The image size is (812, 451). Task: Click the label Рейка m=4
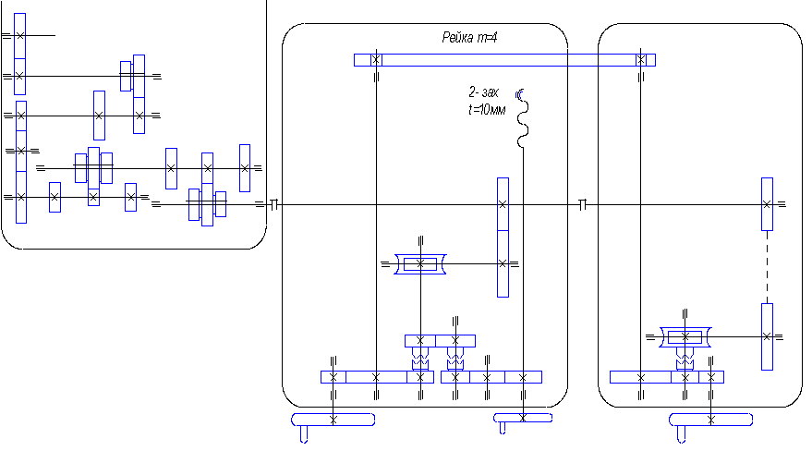[x=472, y=38]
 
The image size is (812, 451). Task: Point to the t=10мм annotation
[x=488, y=109]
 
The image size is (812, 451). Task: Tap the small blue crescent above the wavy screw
[x=520, y=92]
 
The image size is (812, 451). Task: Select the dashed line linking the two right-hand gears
[x=767, y=266]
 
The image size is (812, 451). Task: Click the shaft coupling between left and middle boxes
[x=273, y=204]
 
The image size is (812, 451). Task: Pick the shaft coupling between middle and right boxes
[x=582, y=204]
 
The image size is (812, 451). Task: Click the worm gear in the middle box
[x=420, y=264]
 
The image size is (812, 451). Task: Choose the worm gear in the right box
[x=685, y=338]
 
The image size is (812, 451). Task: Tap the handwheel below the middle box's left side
[x=333, y=421]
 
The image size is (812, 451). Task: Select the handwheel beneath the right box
[x=709, y=421]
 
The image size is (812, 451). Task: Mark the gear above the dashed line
[x=767, y=203]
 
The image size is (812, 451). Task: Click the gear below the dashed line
[x=767, y=336]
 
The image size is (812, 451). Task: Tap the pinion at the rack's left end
[x=376, y=59]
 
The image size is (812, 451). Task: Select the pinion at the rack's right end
[x=640, y=59]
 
